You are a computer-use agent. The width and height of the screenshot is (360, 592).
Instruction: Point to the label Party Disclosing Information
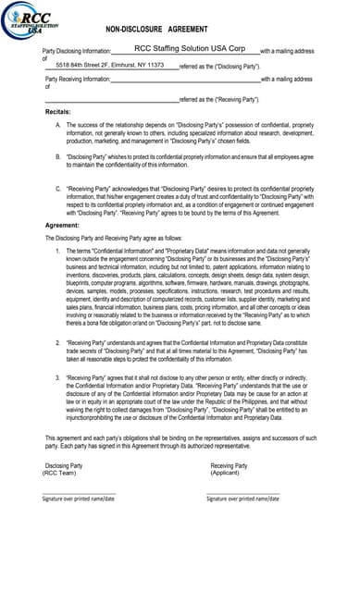[78, 51]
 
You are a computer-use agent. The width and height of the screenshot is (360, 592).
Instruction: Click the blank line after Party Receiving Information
[185, 81]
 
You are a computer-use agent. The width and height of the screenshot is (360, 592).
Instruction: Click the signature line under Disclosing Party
[80, 492]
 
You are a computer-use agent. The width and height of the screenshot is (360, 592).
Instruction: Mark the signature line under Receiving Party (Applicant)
[242, 492]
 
